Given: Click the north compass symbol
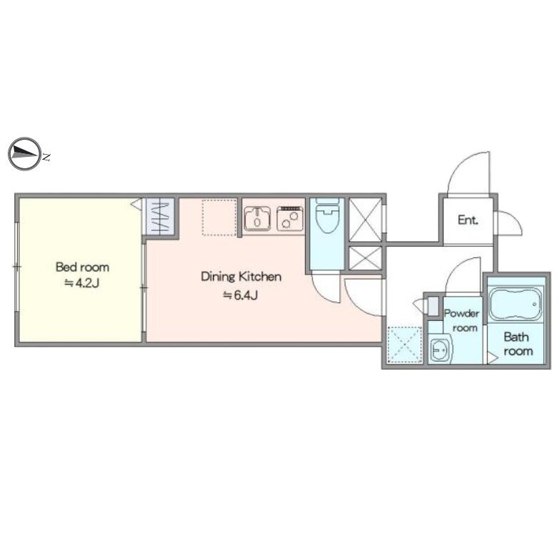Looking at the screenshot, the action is point(24,154).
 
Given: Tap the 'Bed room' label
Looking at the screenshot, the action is point(83,267).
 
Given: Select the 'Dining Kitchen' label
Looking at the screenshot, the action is point(241,277).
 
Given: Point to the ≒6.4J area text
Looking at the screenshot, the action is point(240,295).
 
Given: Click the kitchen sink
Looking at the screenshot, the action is point(257,218).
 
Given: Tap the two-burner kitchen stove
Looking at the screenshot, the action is point(289,218).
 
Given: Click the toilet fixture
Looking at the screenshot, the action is point(327,215).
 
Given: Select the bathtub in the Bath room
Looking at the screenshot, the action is point(516,304).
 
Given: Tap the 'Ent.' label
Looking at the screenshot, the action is point(468,220).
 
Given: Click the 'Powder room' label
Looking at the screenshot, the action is point(462,321).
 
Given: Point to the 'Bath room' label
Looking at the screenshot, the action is point(518,344).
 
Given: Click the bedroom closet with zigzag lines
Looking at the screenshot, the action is point(160,217).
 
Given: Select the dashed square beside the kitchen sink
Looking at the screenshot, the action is point(220,217).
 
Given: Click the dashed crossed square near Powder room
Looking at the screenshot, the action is point(404,344).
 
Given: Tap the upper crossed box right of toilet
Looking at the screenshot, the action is point(365,220).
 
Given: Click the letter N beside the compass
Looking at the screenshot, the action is point(46,157).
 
